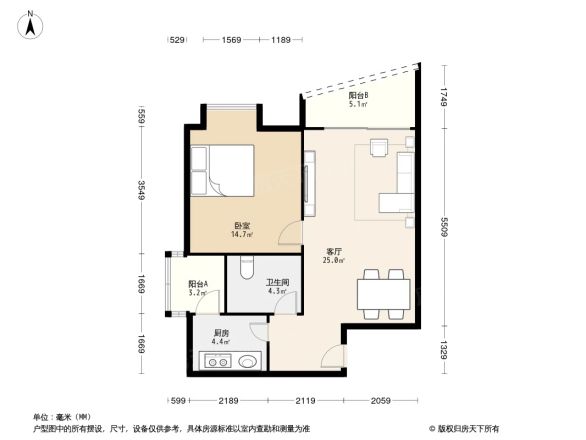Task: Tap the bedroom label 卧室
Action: [x=242, y=226]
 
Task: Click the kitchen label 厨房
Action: [x=221, y=333]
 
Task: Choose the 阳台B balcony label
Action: [x=358, y=96]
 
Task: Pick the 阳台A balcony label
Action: [x=198, y=285]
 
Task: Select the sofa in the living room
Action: [x=405, y=180]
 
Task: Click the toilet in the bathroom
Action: [x=247, y=267]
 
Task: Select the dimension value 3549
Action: [x=143, y=189]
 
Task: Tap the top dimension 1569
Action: [x=232, y=40]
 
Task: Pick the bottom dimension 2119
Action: [x=305, y=401]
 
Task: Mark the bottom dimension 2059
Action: [x=378, y=401]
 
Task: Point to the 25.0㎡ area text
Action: [x=335, y=261]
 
